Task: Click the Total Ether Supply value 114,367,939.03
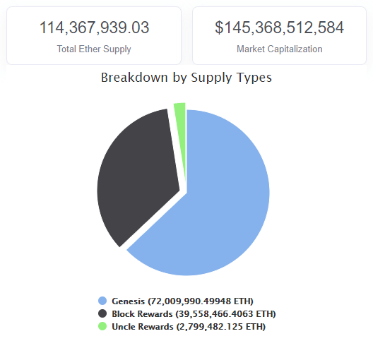pyautogui.click(x=94, y=28)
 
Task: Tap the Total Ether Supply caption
pyautogui.click(x=94, y=49)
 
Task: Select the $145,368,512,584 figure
pyautogui.click(x=280, y=28)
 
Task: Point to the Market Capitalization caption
pyautogui.click(x=280, y=49)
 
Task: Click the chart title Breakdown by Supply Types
pyautogui.click(x=186, y=78)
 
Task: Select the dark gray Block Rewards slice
pyautogui.click(x=134, y=176)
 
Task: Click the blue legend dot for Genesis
pyautogui.click(x=103, y=301)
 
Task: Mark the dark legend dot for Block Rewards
pyautogui.click(x=103, y=313)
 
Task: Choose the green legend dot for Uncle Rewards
pyautogui.click(x=103, y=326)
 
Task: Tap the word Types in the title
pyautogui.click(x=254, y=78)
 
